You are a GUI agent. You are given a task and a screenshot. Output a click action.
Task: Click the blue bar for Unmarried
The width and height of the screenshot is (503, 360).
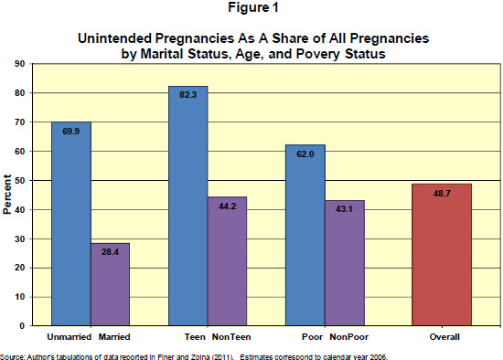pos(70,224)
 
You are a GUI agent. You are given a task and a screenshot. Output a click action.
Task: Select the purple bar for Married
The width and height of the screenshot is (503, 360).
pos(110,283)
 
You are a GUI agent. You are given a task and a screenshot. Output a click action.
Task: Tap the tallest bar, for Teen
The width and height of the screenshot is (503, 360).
pos(188,206)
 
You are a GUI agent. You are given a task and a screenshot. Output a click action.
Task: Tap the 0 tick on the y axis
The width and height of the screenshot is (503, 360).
pos(22,325)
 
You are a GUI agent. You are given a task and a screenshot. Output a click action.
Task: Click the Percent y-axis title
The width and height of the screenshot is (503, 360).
pos(7,196)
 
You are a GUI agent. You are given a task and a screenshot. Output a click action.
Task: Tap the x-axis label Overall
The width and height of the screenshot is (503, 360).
pos(443,337)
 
